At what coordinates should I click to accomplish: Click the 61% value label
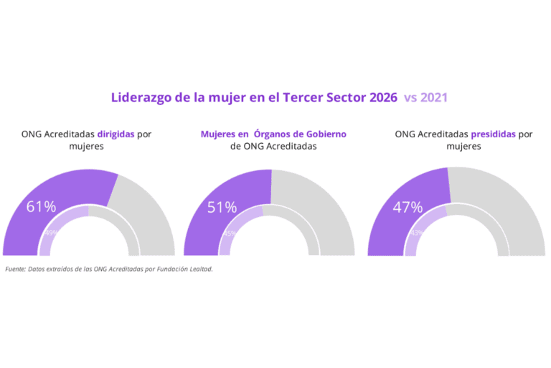(41, 207)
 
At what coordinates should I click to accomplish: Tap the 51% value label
(222, 208)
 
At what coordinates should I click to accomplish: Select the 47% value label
(408, 208)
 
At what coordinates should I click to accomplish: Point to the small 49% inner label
(51, 233)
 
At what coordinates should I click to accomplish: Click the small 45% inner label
(230, 233)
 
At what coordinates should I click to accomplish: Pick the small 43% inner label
(415, 233)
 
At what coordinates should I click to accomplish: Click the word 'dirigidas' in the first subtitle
(116, 134)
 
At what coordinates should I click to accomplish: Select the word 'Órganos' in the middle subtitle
(279, 134)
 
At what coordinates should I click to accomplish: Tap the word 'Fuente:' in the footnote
(14, 269)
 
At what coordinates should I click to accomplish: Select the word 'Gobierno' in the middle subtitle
(327, 134)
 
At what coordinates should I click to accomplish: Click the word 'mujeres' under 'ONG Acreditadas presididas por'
(463, 146)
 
